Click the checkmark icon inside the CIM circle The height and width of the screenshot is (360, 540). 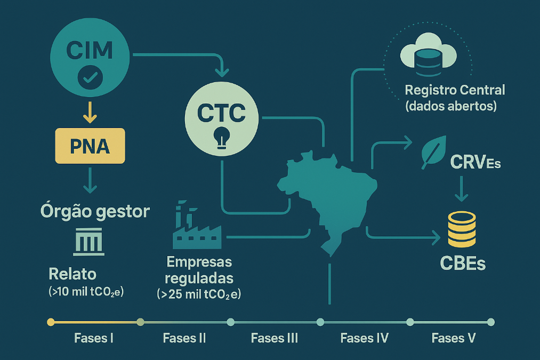90,77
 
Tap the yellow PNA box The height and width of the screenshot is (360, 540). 90,146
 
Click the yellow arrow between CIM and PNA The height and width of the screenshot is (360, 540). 90,113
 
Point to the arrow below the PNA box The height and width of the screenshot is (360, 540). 90,180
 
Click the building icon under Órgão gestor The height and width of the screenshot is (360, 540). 89,242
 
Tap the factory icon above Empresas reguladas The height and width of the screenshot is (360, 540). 197,225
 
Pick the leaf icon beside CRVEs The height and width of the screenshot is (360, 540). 434,152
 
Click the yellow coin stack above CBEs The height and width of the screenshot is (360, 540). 462,229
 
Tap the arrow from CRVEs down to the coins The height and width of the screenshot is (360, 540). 461,189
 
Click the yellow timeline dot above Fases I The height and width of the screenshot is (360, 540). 51,322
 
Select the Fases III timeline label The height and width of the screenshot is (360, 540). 275,338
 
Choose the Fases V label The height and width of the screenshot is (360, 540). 454,338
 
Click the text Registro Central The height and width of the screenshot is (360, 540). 455,90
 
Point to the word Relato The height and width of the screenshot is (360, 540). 72,274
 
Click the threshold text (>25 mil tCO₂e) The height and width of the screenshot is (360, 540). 199,294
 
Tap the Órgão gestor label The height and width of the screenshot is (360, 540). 95,211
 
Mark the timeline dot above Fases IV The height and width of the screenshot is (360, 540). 320,322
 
